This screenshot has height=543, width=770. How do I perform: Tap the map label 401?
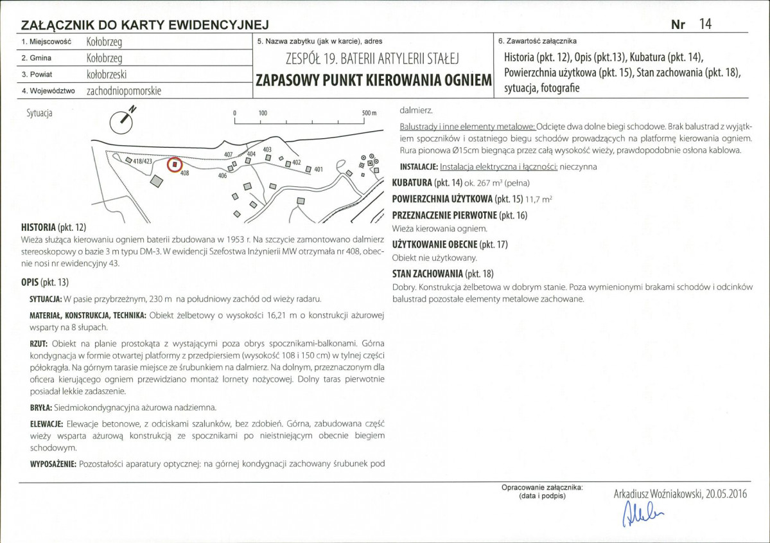[x=319, y=170]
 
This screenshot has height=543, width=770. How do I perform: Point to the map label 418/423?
[x=143, y=161]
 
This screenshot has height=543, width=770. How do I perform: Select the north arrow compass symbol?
[x=122, y=120]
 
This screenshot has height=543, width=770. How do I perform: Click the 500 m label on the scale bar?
[x=369, y=113]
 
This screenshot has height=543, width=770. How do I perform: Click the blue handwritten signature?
[x=642, y=513]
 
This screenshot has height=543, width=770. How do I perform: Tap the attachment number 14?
[x=705, y=24]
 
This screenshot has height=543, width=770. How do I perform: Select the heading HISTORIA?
[x=39, y=227]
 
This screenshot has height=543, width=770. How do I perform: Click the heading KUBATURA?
[x=412, y=182]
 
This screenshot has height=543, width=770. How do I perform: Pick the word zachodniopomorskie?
[x=124, y=91]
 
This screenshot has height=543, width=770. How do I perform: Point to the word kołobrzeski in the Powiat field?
[x=107, y=74]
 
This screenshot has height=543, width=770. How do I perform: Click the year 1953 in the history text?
[x=235, y=240]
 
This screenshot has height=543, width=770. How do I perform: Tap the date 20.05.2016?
[x=726, y=494]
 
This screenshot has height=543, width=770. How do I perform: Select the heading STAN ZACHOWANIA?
[x=427, y=274]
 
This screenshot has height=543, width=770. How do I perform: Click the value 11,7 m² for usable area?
[x=539, y=199]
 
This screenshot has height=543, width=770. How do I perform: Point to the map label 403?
[x=267, y=149]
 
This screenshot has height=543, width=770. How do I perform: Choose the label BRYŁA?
[x=40, y=408]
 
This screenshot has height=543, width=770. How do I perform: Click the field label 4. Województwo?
[x=48, y=91]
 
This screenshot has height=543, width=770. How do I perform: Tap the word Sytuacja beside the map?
[x=39, y=113]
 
